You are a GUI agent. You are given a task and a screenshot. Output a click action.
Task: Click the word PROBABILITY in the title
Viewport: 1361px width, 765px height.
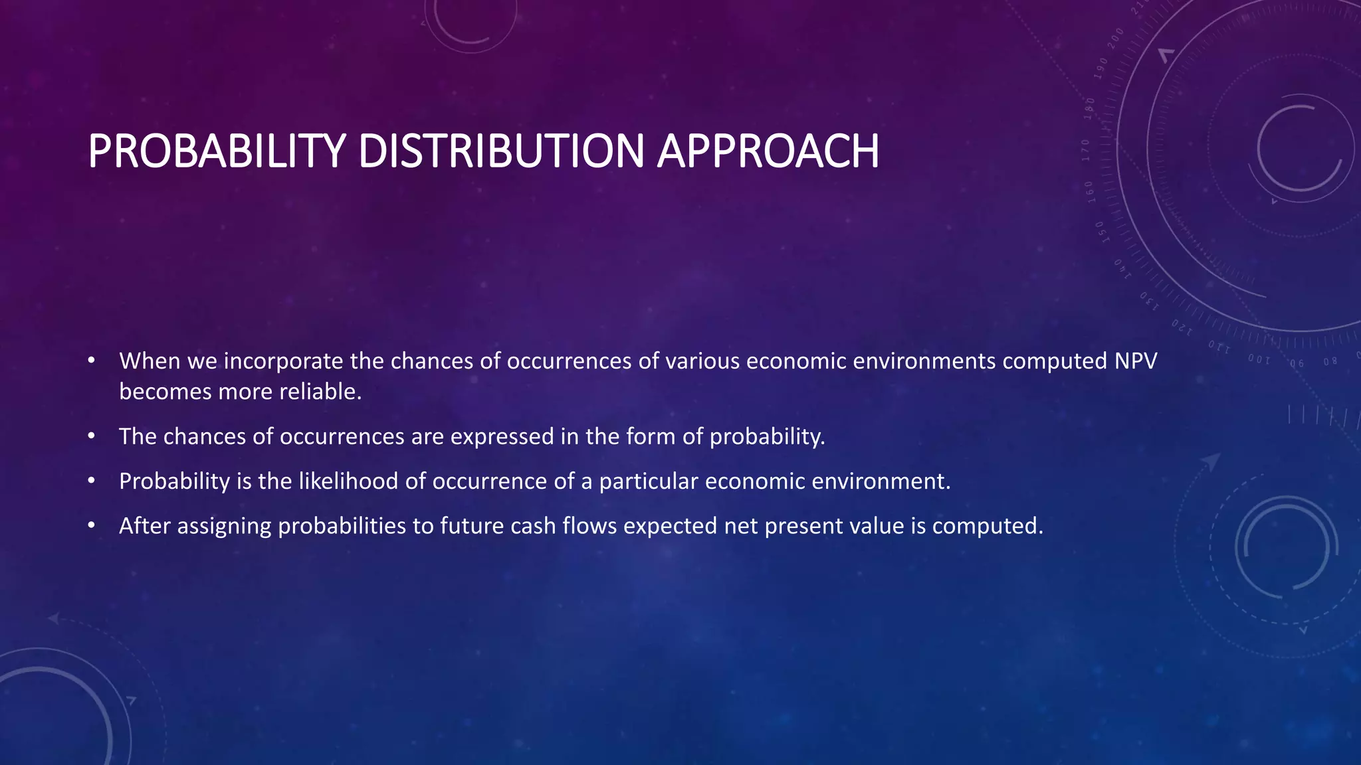click(217, 151)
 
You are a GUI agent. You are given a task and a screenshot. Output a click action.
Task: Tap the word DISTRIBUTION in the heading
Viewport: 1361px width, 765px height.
click(501, 151)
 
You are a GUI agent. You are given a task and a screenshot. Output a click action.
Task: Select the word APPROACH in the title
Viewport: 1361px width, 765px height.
click(768, 151)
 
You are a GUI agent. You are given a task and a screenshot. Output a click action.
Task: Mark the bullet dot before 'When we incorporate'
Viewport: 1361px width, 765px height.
click(92, 361)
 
